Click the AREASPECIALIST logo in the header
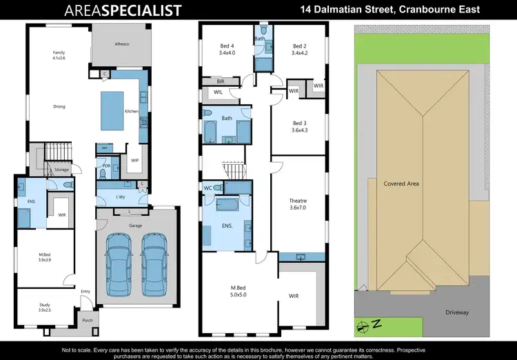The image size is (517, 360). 123,10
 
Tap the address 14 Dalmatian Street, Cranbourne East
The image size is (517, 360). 390,10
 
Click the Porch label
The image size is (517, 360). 88,319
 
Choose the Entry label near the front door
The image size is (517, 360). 85,292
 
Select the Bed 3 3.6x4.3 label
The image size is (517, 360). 298,127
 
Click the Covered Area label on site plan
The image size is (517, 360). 401,184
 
